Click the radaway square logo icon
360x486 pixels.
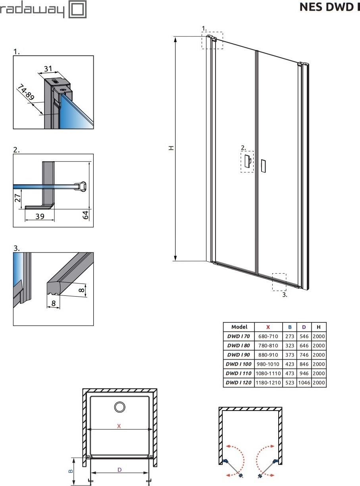pos(77,9)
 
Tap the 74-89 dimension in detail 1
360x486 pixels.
pos(26,92)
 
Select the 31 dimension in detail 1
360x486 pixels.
pos(48,69)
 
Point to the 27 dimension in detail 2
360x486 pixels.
pos(18,198)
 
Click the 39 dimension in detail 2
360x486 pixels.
pos(40,216)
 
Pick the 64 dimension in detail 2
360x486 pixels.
pos(85,215)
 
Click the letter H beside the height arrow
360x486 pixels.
pos(171,148)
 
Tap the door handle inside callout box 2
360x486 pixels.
pos(248,161)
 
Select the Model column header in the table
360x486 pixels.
pos(239,327)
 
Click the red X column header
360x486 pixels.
pos(268,327)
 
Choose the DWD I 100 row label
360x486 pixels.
pos(239,364)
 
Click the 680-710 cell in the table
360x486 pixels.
pos(268,336)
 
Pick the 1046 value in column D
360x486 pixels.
pos(304,383)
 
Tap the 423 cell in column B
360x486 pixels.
pos(289,364)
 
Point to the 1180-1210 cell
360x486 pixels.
pos(268,383)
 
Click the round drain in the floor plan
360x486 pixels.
pos(119,407)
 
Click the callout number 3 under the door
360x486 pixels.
pos(285,295)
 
